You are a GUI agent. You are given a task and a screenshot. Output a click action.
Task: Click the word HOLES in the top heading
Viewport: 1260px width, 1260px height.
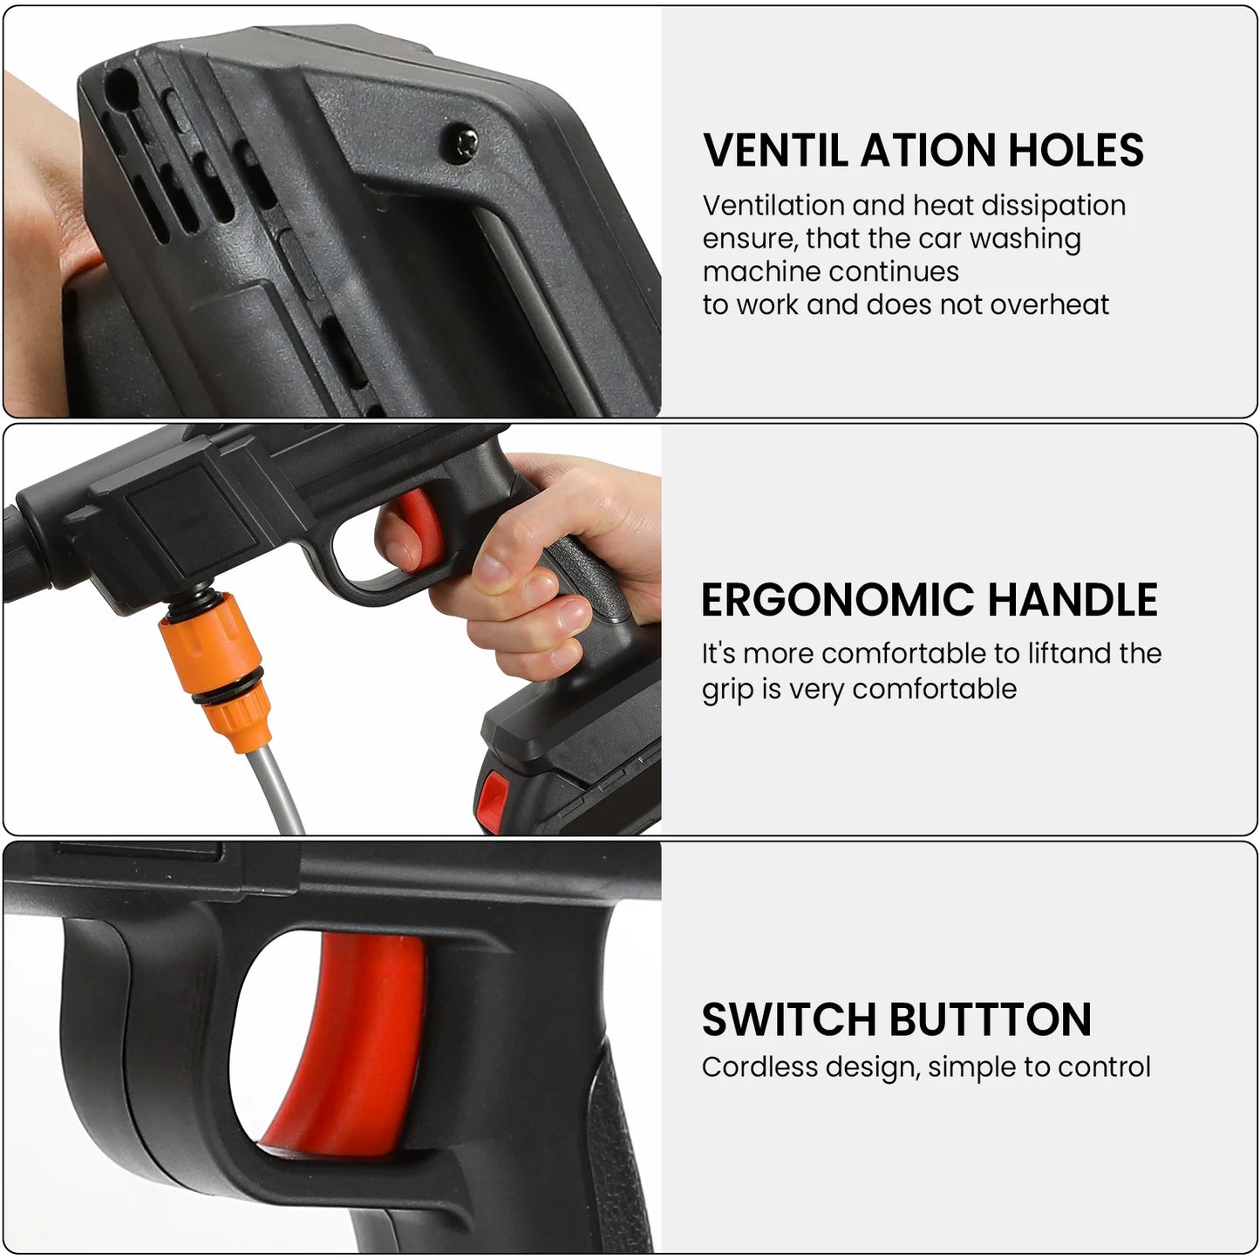1076,150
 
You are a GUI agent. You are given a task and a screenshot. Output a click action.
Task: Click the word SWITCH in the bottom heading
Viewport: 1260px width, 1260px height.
787,1019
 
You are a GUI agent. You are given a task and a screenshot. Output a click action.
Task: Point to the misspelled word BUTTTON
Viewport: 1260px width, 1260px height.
989,1019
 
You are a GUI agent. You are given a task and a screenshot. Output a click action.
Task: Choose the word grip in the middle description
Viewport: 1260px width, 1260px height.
727,689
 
